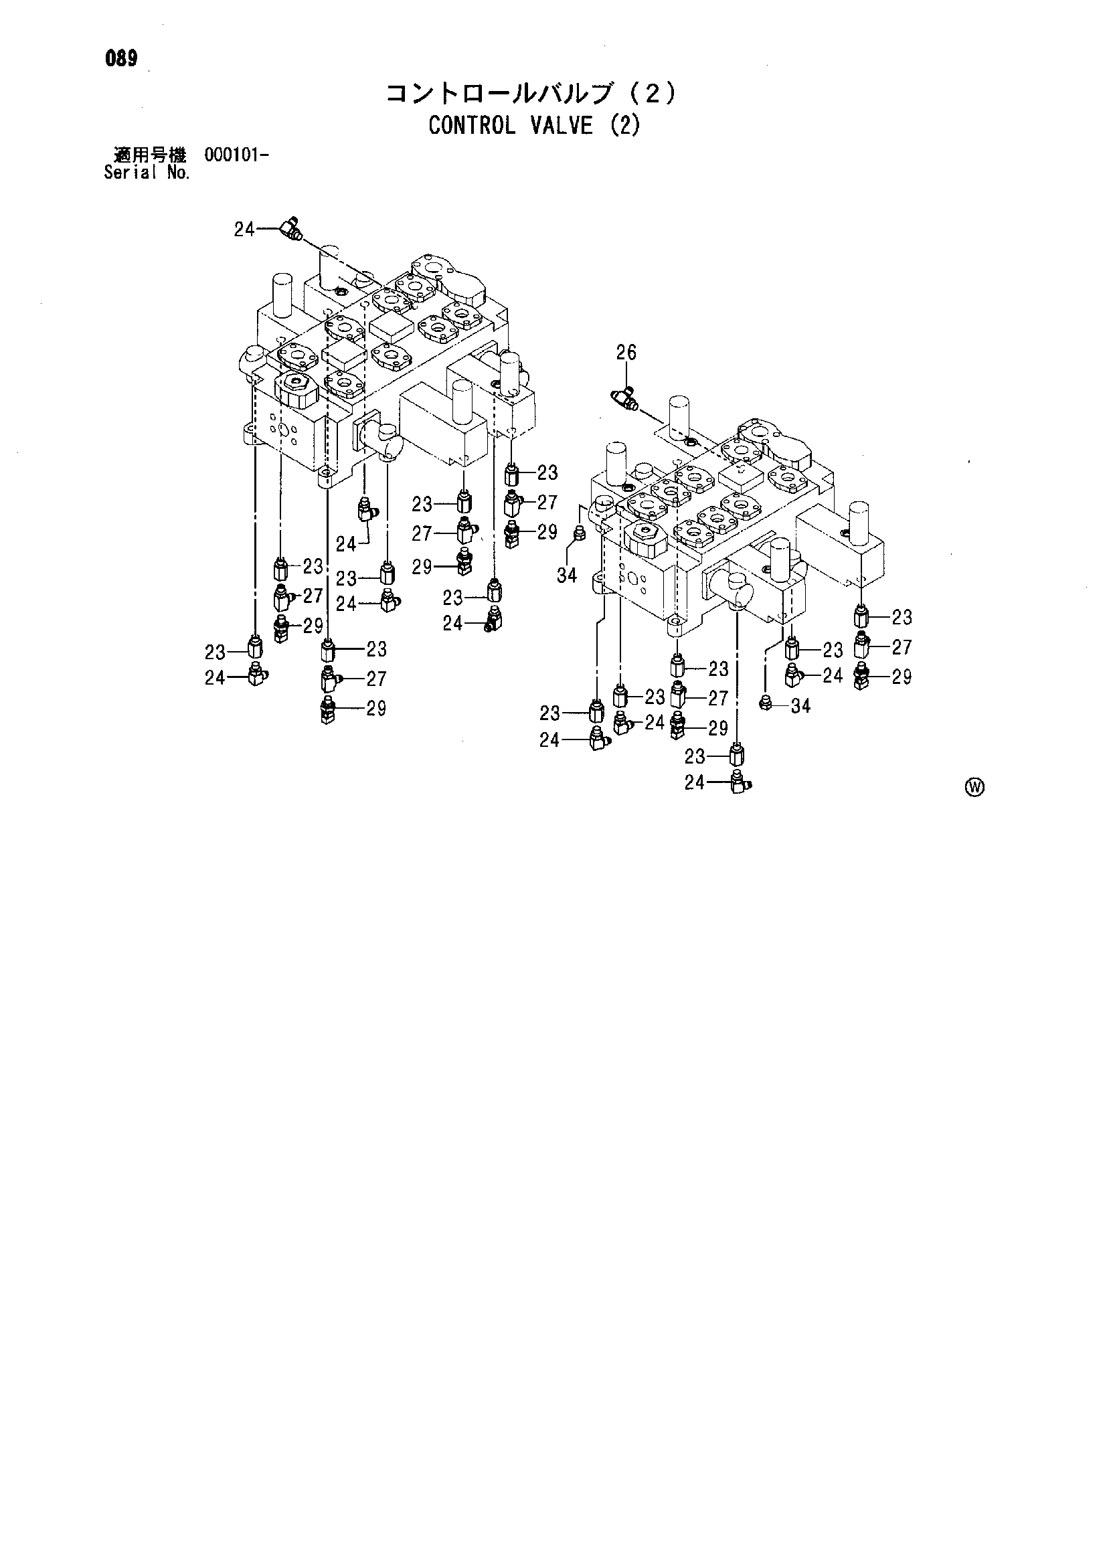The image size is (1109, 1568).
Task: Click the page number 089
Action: click(x=122, y=59)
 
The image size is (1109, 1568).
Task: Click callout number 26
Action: click(x=626, y=353)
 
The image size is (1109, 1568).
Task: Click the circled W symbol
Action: click(x=975, y=788)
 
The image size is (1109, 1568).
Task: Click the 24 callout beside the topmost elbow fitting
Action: click(x=244, y=230)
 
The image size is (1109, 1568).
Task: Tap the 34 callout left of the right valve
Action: click(x=567, y=576)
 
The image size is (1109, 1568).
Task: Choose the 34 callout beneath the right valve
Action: click(x=800, y=706)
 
